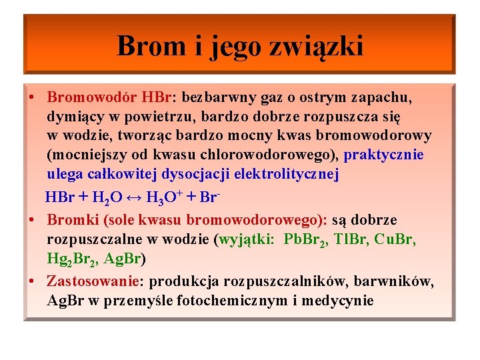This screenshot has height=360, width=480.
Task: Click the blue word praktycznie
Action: click(x=385, y=155)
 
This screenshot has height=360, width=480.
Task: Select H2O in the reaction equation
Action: click(x=107, y=198)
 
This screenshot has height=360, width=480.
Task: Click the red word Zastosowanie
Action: click(x=94, y=281)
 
